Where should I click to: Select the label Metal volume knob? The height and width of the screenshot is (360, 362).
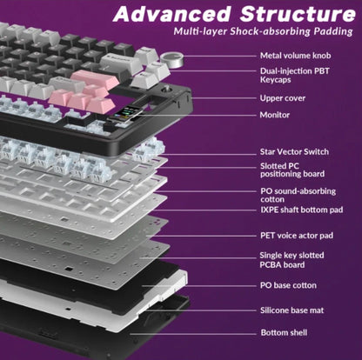pyautogui.click(x=294, y=54)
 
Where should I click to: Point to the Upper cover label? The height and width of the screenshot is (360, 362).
pyautogui.click(x=283, y=98)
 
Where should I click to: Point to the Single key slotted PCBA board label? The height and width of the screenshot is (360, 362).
pyautogui.click(x=292, y=259)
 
